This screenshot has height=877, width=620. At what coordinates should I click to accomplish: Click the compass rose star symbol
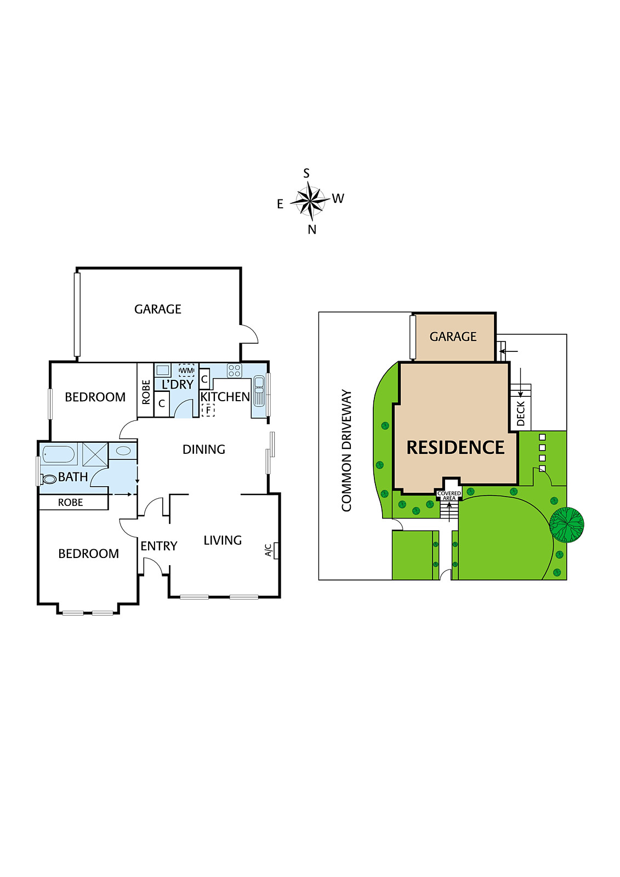[x=310, y=200]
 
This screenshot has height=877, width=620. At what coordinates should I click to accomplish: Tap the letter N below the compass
[x=312, y=230]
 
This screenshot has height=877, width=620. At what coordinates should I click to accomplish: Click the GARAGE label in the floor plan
[x=158, y=309]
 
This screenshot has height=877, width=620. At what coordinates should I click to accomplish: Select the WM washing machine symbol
[x=186, y=371]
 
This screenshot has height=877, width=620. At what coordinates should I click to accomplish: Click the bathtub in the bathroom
[x=59, y=454]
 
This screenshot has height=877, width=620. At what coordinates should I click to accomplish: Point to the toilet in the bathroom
[x=49, y=479]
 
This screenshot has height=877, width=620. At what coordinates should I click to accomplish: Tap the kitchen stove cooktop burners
[x=235, y=371]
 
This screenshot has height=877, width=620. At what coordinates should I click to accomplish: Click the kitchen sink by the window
[x=259, y=390]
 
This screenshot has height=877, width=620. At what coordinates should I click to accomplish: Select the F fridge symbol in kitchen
[x=208, y=410]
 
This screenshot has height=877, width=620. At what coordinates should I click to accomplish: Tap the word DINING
[x=204, y=449]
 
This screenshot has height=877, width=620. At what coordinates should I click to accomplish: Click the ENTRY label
[x=159, y=546]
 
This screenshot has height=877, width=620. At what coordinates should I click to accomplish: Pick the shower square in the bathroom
[x=95, y=454]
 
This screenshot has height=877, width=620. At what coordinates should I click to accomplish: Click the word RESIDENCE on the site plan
[x=455, y=448]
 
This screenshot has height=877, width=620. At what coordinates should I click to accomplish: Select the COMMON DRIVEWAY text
[x=346, y=451]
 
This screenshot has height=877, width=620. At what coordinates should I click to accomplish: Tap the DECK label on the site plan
[x=521, y=413]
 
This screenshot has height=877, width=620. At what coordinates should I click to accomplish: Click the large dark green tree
[x=567, y=525]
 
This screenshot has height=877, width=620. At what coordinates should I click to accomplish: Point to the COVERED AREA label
[x=449, y=496]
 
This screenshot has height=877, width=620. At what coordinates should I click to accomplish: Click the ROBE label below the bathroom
[x=71, y=502]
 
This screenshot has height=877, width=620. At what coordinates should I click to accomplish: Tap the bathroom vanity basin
[x=124, y=451]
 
